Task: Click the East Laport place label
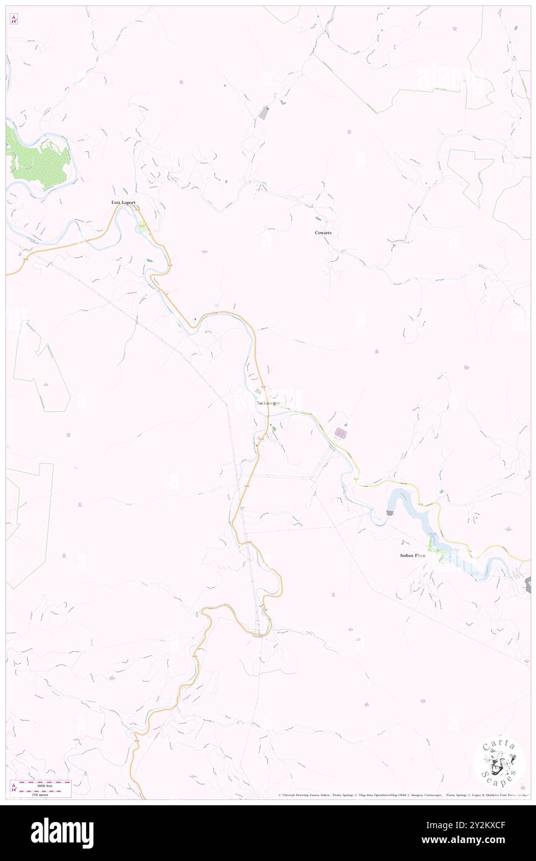[123, 203]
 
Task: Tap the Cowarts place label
[323, 232]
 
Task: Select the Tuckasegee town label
[268, 403]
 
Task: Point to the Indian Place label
[412, 556]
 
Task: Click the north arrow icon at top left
[14, 19]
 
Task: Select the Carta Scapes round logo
[499, 764]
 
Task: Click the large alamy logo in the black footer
[62, 833]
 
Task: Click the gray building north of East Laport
[264, 113]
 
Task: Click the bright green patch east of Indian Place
[443, 556]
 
